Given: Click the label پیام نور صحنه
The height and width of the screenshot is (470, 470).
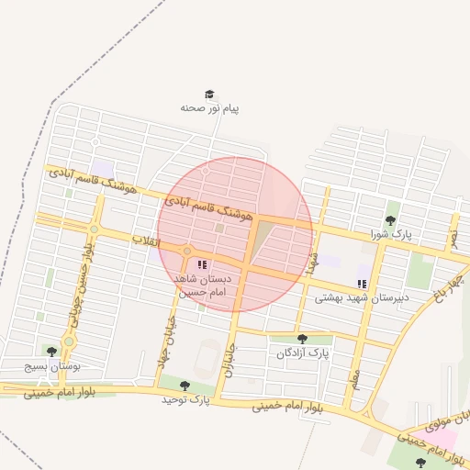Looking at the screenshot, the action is pos(209,108).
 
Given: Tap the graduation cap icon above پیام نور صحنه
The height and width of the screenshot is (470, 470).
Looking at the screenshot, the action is pos(209,94).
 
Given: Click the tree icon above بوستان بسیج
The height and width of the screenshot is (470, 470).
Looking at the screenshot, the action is pos(50,351).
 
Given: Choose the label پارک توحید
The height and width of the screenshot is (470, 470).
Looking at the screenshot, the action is pos(186,400).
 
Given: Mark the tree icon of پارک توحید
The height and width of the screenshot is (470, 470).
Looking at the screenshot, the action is pos(185,386).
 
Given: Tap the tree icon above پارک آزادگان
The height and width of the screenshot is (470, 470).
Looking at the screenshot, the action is pos(303,339).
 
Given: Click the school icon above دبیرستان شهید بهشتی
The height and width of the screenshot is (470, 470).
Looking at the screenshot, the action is pos(362,283).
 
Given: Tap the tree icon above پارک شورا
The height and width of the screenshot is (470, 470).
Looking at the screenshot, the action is pos(391,220).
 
